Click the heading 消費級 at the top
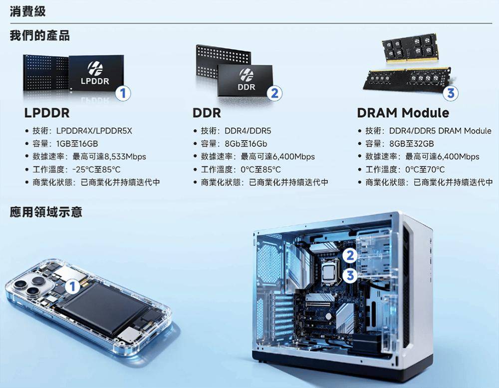[x=27, y=11]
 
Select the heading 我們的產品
[x=40, y=35]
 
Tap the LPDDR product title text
[x=47, y=113]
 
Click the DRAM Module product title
[x=403, y=113]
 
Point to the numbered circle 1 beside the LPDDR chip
[x=123, y=93]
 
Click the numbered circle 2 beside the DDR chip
[x=274, y=93]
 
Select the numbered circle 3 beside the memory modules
[x=451, y=93]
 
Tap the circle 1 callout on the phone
[x=72, y=287]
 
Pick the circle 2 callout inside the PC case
[x=350, y=256]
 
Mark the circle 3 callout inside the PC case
[x=350, y=275]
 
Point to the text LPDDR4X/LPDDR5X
[x=94, y=131]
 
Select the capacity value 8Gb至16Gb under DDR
[x=246, y=144]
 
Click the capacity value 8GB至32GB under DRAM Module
[x=412, y=144]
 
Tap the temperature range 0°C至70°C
[x=425, y=170]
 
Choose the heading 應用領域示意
[x=46, y=212]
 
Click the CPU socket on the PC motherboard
[x=329, y=272]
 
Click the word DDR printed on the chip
[x=247, y=87]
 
